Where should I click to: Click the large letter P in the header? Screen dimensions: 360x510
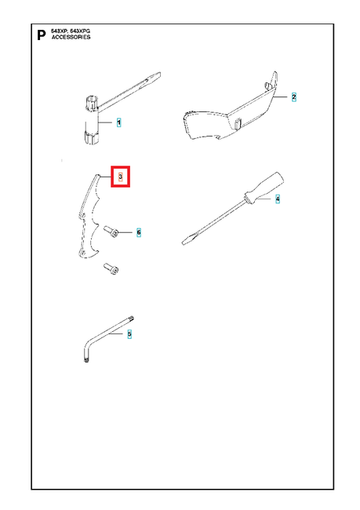click(42, 35)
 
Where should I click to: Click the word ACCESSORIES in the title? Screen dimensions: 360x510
click(71, 37)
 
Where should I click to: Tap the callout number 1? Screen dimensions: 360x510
click(118, 122)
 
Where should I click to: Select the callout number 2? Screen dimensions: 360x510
click(293, 97)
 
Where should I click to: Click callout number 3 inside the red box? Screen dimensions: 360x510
click(120, 177)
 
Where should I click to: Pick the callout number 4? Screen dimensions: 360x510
click(278, 199)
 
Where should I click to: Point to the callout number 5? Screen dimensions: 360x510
click(129, 334)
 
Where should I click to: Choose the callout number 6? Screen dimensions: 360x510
click(139, 232)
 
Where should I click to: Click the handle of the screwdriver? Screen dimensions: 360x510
click(264, 188)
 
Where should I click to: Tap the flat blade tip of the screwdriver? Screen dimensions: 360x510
click(186, 242)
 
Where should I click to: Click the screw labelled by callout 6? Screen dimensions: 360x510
click(111, 231)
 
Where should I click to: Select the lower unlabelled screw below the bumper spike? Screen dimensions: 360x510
click(111, 268)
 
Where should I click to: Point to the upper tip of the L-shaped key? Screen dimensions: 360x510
click(132, 318)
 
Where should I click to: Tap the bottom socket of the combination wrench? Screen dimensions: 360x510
click(89, 137)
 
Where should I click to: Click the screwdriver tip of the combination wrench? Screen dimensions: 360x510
click(155, 77)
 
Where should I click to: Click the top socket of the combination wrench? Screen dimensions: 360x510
click(92, 103)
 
